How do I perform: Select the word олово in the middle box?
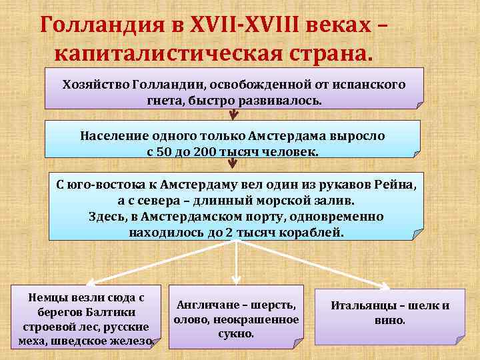[x=189, y=319]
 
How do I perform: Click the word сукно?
[x=236, y=333]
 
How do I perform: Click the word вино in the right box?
[x=390, y=320]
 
